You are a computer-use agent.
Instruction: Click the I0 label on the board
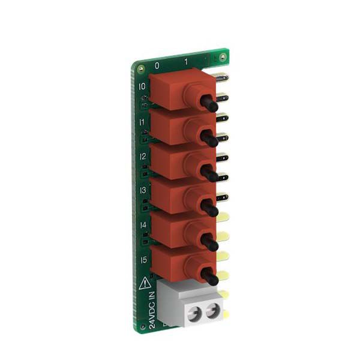click(142, 86)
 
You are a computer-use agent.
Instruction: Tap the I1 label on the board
click(142, 122)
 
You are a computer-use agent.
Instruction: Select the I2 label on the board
click(143, 157)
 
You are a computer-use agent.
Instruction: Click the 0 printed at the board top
click(157, 64)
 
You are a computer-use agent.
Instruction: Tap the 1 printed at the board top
click(187, 62)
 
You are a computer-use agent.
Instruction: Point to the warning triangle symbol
click(144, 283)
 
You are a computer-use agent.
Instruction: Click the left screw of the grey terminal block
click(193, 312)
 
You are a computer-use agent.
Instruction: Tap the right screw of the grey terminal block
click(212, 311)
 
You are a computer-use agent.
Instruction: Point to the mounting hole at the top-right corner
click(223, 57)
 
